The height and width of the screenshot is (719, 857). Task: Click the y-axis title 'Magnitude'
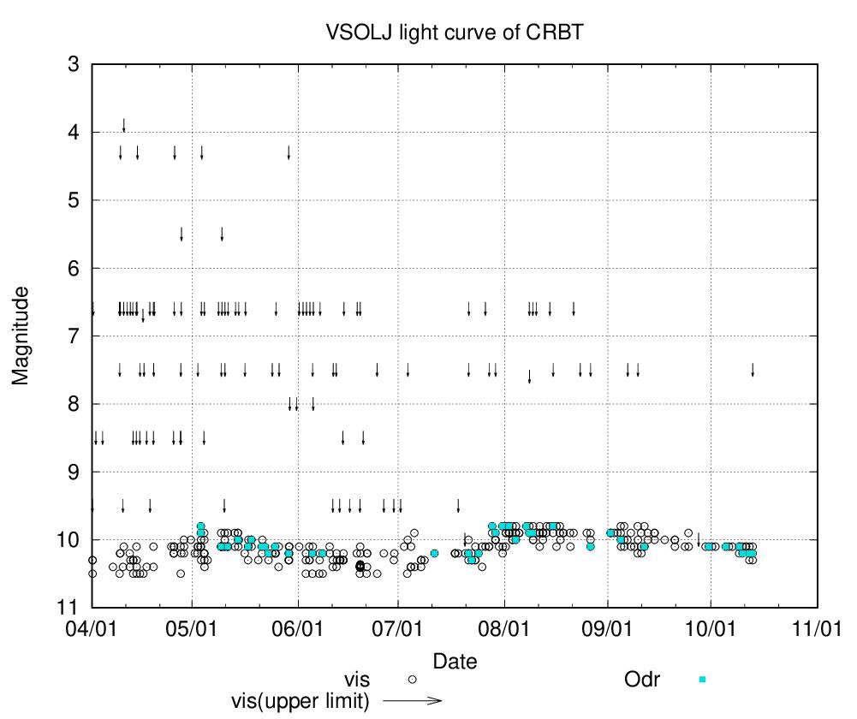click(x=21, y=336)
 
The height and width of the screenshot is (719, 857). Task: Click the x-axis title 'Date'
click(x=455, y=661)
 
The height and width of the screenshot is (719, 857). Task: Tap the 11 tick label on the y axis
click(x=68, y=608)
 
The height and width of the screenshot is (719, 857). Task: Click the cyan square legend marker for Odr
click(x=702, y=680)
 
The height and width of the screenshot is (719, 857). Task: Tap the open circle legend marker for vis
click(x=412, y=680)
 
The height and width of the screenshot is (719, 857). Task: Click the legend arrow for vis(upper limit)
click(x=412, y=700)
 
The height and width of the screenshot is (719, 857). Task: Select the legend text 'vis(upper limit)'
click(x=300, y=700)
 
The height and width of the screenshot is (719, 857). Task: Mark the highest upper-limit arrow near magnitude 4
click(x=124, y=126)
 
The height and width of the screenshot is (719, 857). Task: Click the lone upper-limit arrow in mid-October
click(x=753, y=370)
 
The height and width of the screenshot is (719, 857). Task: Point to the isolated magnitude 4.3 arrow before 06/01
click(x=289, y=152)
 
